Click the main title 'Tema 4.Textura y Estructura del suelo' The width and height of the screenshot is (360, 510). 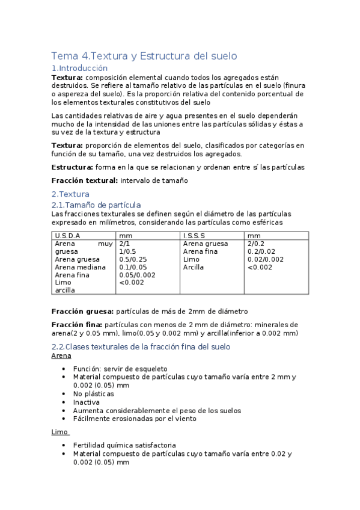pyautogui.click(x=144, y=56)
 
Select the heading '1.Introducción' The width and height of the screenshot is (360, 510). pyautogui.click(x=79, y=69)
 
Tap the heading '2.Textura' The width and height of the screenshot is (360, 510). pyautogui.click(x=70, y=194)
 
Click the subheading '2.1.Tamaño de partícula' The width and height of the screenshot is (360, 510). pyautogui.click(x=96, y=205)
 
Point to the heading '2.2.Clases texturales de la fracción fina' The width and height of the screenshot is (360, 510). pyautogui.click(x=141, y=347)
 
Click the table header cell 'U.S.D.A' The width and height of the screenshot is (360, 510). pyautogui.click(x=67, y=236)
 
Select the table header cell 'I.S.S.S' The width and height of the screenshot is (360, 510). pyautogui.click(x=194, y=236)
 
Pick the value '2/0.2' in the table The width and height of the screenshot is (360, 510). pyautogui.click(x=256, y=244)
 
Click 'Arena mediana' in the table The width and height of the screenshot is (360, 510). pyautogui.click(x=80, y=267)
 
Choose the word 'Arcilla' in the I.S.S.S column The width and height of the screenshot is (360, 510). pyautogui.click(x=194, y=267)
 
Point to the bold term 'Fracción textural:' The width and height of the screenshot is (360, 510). pyautogui.click(x=85, y=180)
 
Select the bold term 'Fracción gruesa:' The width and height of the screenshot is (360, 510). pyautogui.click(x=82, y=312)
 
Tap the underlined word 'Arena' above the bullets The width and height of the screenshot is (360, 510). pyautogui.click(x=61, y=355)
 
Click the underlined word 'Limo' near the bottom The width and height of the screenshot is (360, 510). pyautogui.click(x=59, y=432)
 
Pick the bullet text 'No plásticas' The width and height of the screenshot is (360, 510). pyautogui.click(x=94, y=393)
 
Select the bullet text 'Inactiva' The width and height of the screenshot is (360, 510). pyautogui.click(x=87, y=402)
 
